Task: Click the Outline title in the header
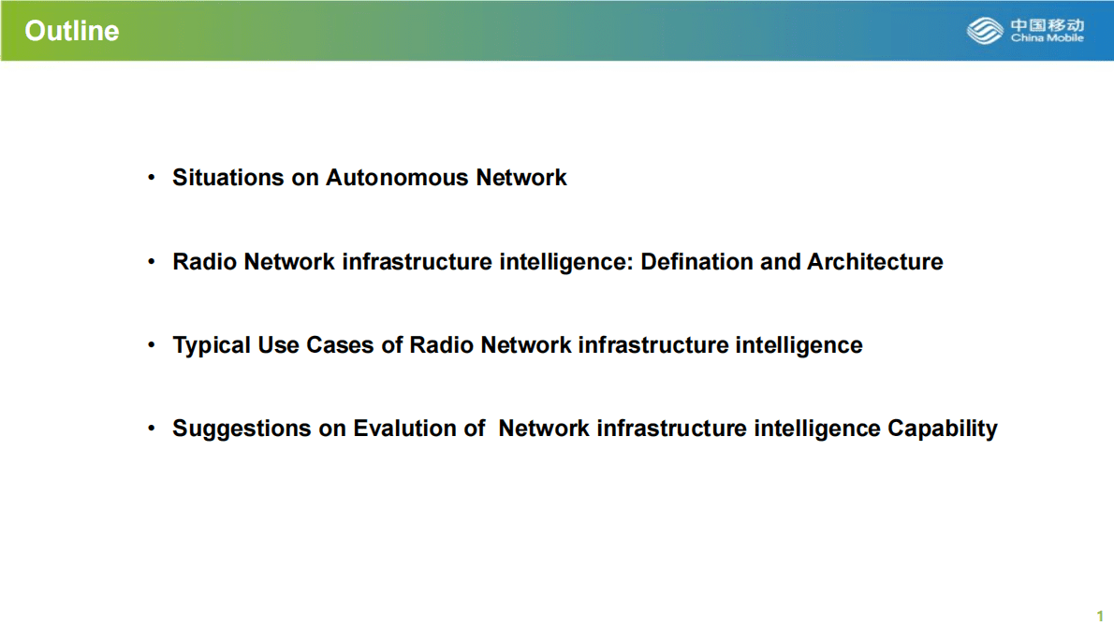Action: [72, 31]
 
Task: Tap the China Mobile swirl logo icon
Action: [985, 31]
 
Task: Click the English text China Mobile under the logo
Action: [1047, 38]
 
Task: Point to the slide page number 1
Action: [1100, 615]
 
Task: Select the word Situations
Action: [227, 178]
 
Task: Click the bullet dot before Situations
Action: [152, 178]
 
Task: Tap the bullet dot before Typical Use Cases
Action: [152, 345]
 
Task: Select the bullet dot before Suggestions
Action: [152, 429]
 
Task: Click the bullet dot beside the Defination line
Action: [152, 262]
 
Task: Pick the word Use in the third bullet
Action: [278, 345]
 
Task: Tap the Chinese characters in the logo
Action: [1047, 24]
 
